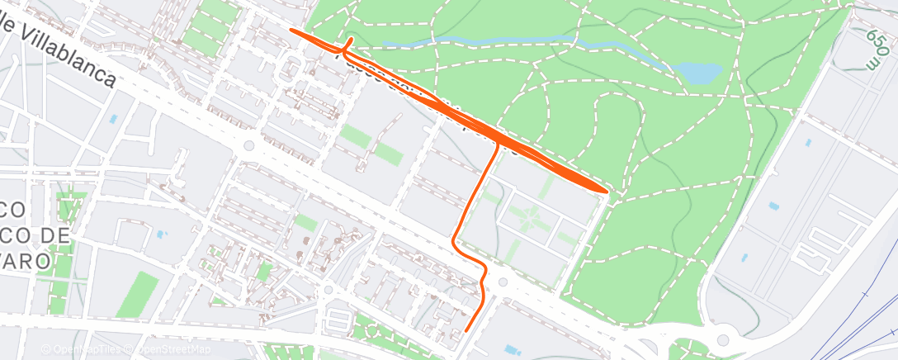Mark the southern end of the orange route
pos(466,330)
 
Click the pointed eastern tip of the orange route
pos(607,192)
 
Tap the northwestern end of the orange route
pos(291,31)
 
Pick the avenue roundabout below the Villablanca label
pos(247,146)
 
